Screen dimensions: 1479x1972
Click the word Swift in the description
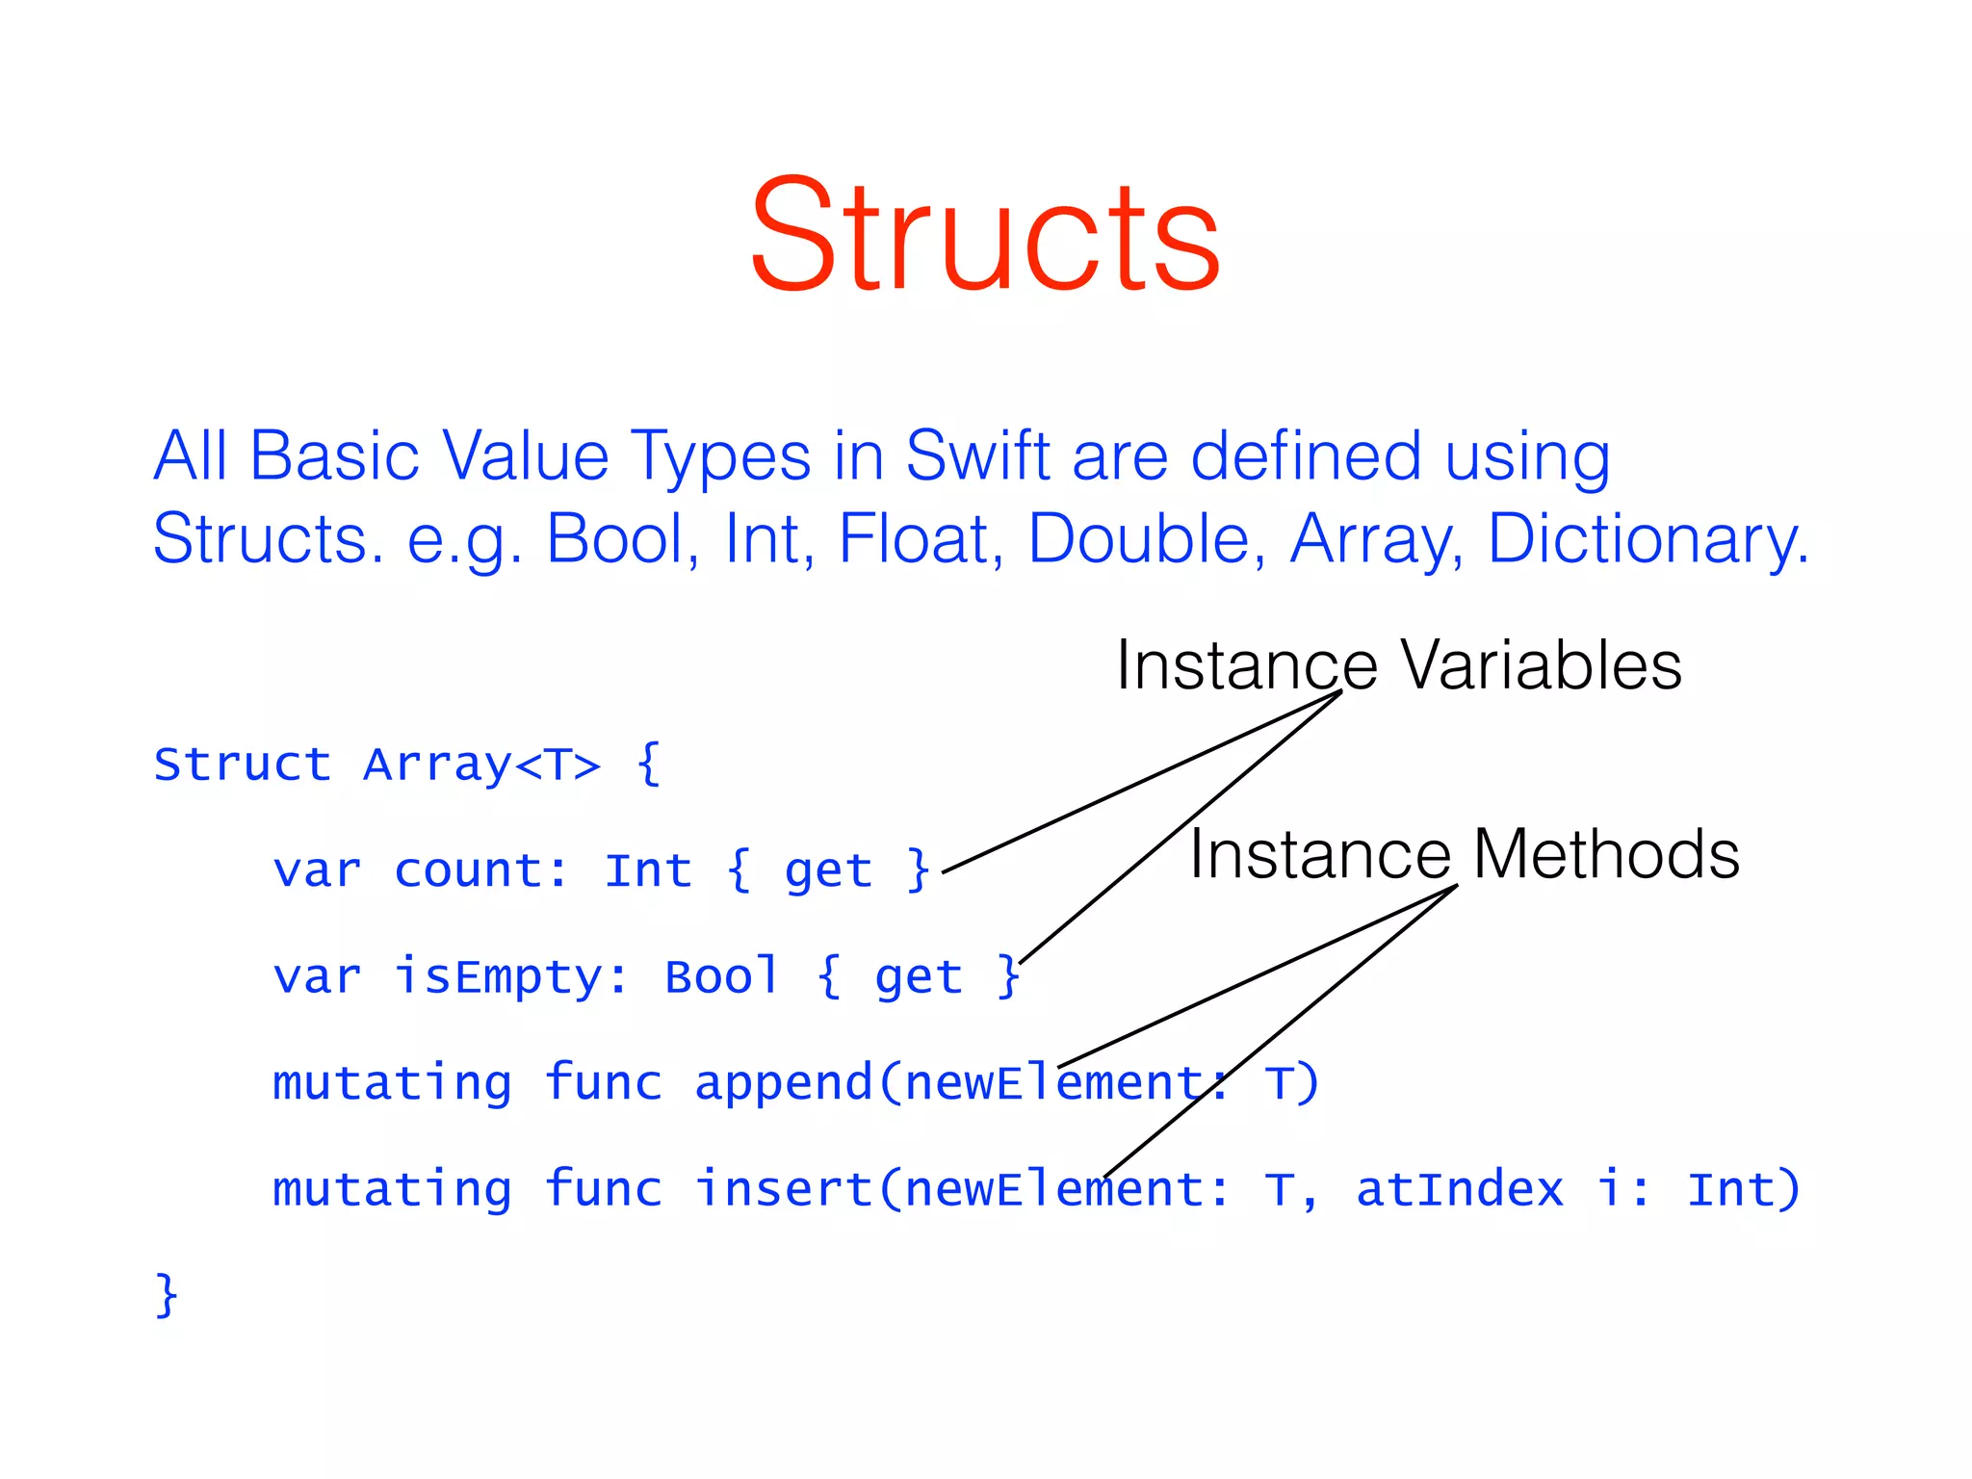point(976,455)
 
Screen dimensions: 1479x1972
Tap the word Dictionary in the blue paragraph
point(1647,538)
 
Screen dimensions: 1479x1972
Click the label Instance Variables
point(1398,665)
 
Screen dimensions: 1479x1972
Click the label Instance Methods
point(1464,854)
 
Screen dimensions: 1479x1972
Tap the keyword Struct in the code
point(243,765)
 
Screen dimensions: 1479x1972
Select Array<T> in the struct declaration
point(481,765)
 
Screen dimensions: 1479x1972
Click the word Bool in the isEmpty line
point(721,976)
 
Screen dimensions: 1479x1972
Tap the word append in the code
point(783,1082)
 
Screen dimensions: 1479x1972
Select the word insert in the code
point(783,1188)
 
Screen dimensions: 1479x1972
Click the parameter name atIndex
point(1460,1188)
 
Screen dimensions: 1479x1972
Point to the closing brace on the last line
point(167,1294)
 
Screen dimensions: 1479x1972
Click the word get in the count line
point(828,870)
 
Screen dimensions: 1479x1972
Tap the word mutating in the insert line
point(392,1188)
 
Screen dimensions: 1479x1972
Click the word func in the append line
point(603,1082)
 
